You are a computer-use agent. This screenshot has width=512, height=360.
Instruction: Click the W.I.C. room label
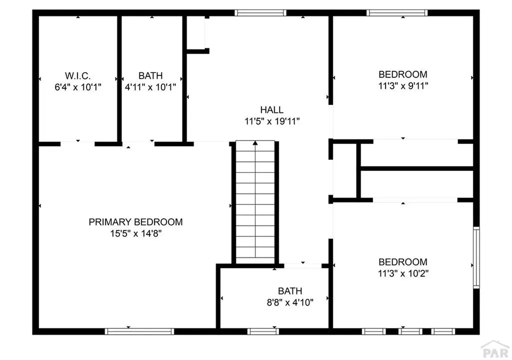[x=77, y=76]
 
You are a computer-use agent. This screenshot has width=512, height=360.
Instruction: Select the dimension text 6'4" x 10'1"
[x=77, y=86]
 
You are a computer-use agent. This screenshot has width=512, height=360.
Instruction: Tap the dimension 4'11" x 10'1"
[x=150, y=86]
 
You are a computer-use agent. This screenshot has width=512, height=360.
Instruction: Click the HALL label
[x=271, y=110]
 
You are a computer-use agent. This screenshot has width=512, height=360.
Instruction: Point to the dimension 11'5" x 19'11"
[x=271, y=121]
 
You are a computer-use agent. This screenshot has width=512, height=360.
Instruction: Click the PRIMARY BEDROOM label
[x=135, y=222]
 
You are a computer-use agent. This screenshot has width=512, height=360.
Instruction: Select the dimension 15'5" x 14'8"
[x=135, y=233]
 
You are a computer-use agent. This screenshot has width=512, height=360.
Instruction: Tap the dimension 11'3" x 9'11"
[x=403, y=85]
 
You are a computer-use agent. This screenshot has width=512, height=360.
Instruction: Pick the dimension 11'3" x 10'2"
[x=403, y=273]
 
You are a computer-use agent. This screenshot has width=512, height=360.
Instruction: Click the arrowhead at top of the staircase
[x=255, y=143]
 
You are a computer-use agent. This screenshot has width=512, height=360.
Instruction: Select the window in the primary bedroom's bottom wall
[x=139, y=331]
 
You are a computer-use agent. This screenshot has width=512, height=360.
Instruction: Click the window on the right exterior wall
[x=476, y=257]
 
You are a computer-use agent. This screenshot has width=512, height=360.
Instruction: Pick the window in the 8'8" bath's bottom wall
[x=263, y=331]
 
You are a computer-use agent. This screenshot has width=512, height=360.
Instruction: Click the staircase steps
[x=255, y=202]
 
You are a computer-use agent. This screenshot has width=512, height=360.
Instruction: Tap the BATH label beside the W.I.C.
[x=150, y=76]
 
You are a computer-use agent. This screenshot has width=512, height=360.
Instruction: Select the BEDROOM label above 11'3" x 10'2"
[x=403, y=262]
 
